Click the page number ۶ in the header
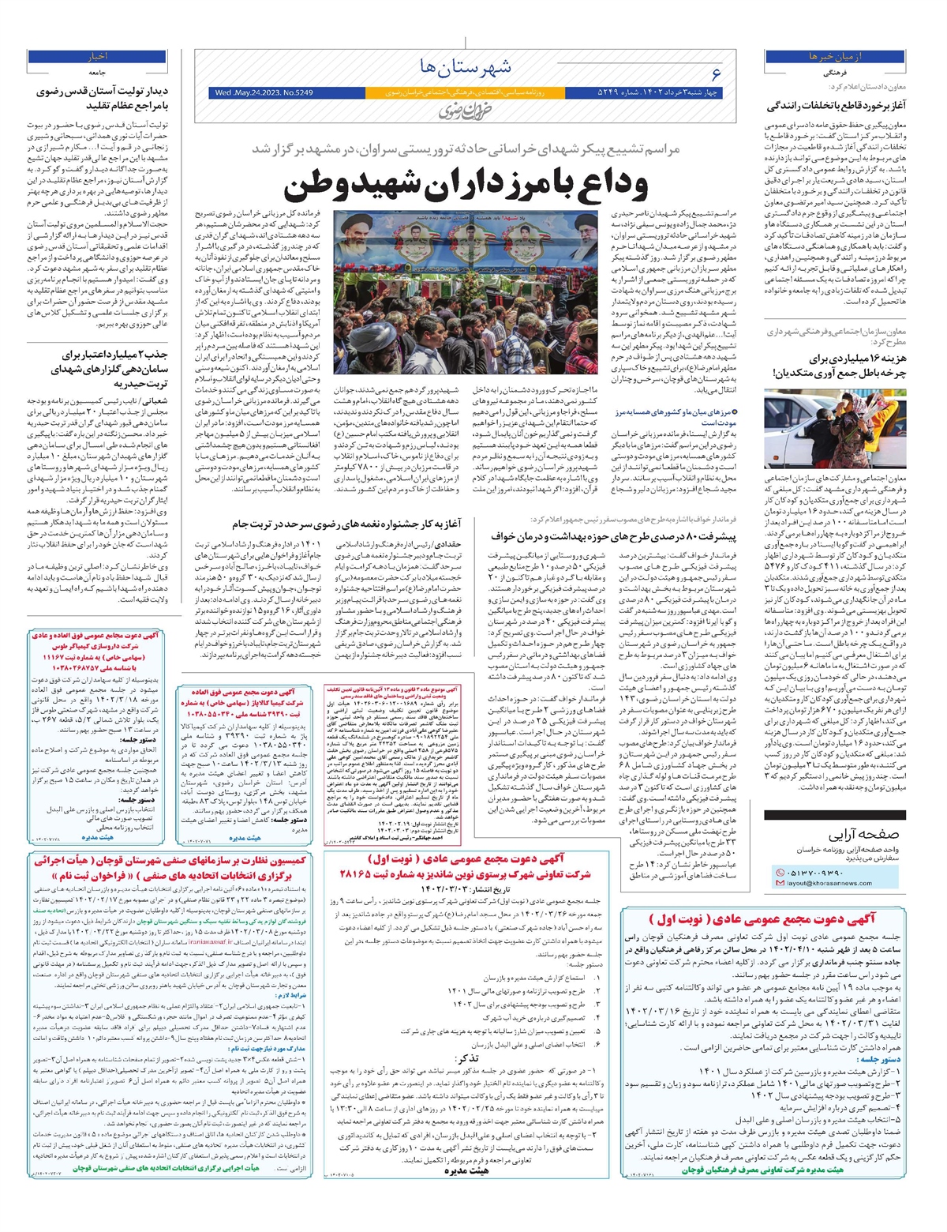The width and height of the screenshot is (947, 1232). click(716, 74)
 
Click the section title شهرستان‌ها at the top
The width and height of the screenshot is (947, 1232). click(468, 66)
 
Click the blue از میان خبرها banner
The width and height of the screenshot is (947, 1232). click(835, 57)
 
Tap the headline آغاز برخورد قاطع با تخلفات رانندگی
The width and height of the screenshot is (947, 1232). click(837, 106)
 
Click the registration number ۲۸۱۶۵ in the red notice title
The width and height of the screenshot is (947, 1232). click(357, 875)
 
